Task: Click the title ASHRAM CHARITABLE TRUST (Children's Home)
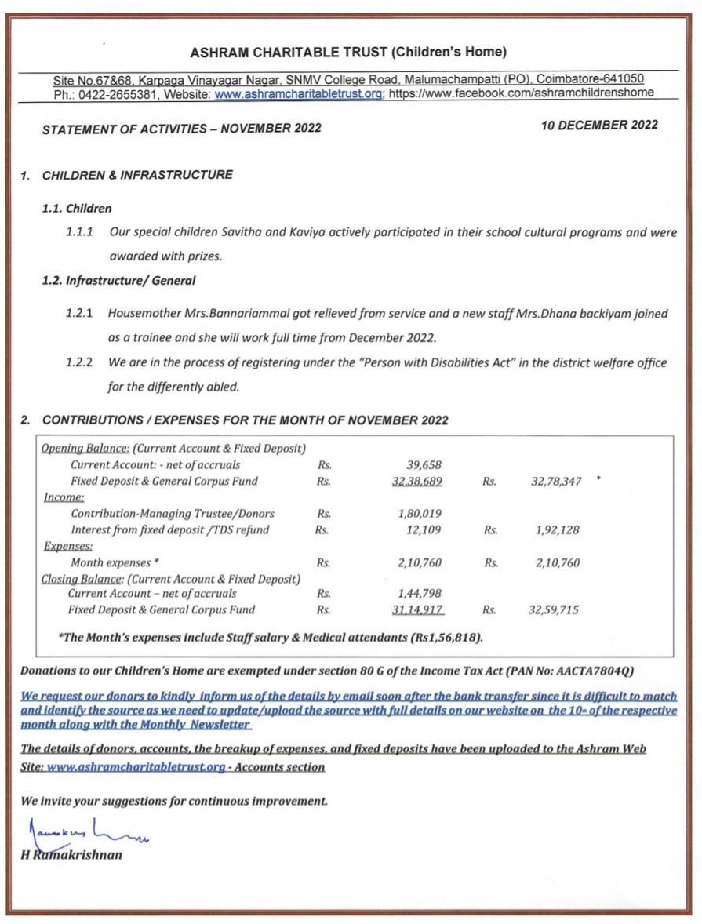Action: click(x=348, y=53)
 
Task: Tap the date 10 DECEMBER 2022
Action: click(x=599, y=125)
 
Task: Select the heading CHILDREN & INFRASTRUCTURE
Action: click(x=137, y=175)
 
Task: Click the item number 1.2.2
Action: click(x=80, y=363)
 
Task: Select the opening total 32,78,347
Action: click(x=556, y=482)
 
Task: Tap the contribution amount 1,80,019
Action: click(x=420, y=514)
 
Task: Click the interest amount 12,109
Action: click(x=424, y=530)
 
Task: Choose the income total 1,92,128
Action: click(x=557, y=530)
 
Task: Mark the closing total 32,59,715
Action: click(x=553, y=609)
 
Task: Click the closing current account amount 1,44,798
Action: click(x=420, y=594)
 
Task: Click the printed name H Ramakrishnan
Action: click(x=71, y=854)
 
